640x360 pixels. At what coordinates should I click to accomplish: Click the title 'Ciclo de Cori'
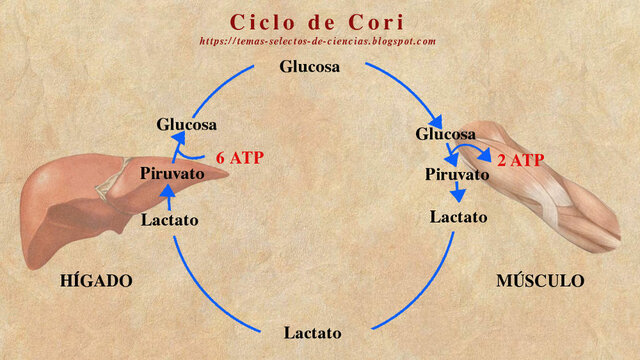pos(317,21)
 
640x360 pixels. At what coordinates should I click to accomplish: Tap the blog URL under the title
pos(318,41)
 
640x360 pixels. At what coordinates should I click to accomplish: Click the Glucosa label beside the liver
pos(186,124)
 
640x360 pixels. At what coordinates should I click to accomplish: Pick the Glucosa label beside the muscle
pos(445,133)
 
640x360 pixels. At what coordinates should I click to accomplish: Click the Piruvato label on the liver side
pos(172,172)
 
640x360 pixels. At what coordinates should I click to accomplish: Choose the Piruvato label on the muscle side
pos(457,174)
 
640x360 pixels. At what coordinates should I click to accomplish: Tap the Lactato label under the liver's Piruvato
pos(170,219)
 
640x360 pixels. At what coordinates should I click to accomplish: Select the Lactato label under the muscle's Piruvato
pos(458,216)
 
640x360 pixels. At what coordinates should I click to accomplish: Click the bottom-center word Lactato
pos(312,332)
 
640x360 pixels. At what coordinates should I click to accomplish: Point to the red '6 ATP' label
pos(240,157)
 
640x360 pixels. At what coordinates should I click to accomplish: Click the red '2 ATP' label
pos(520,160)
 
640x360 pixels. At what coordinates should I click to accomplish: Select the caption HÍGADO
pos(96,281)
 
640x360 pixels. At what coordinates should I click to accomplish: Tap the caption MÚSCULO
pos(540,281)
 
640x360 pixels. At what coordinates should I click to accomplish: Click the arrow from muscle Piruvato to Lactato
pos(459,194)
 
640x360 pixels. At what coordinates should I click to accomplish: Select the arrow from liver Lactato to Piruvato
pos(167,196)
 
